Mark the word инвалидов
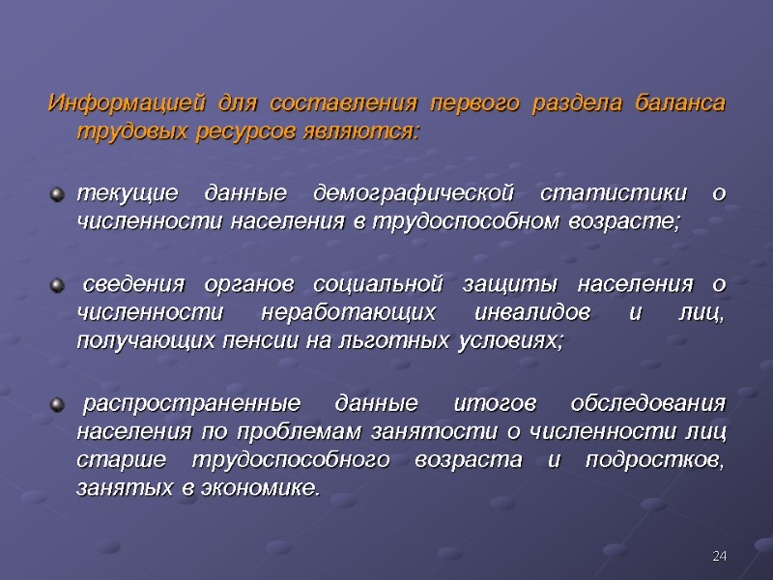[526, 313]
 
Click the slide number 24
[719, 556]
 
